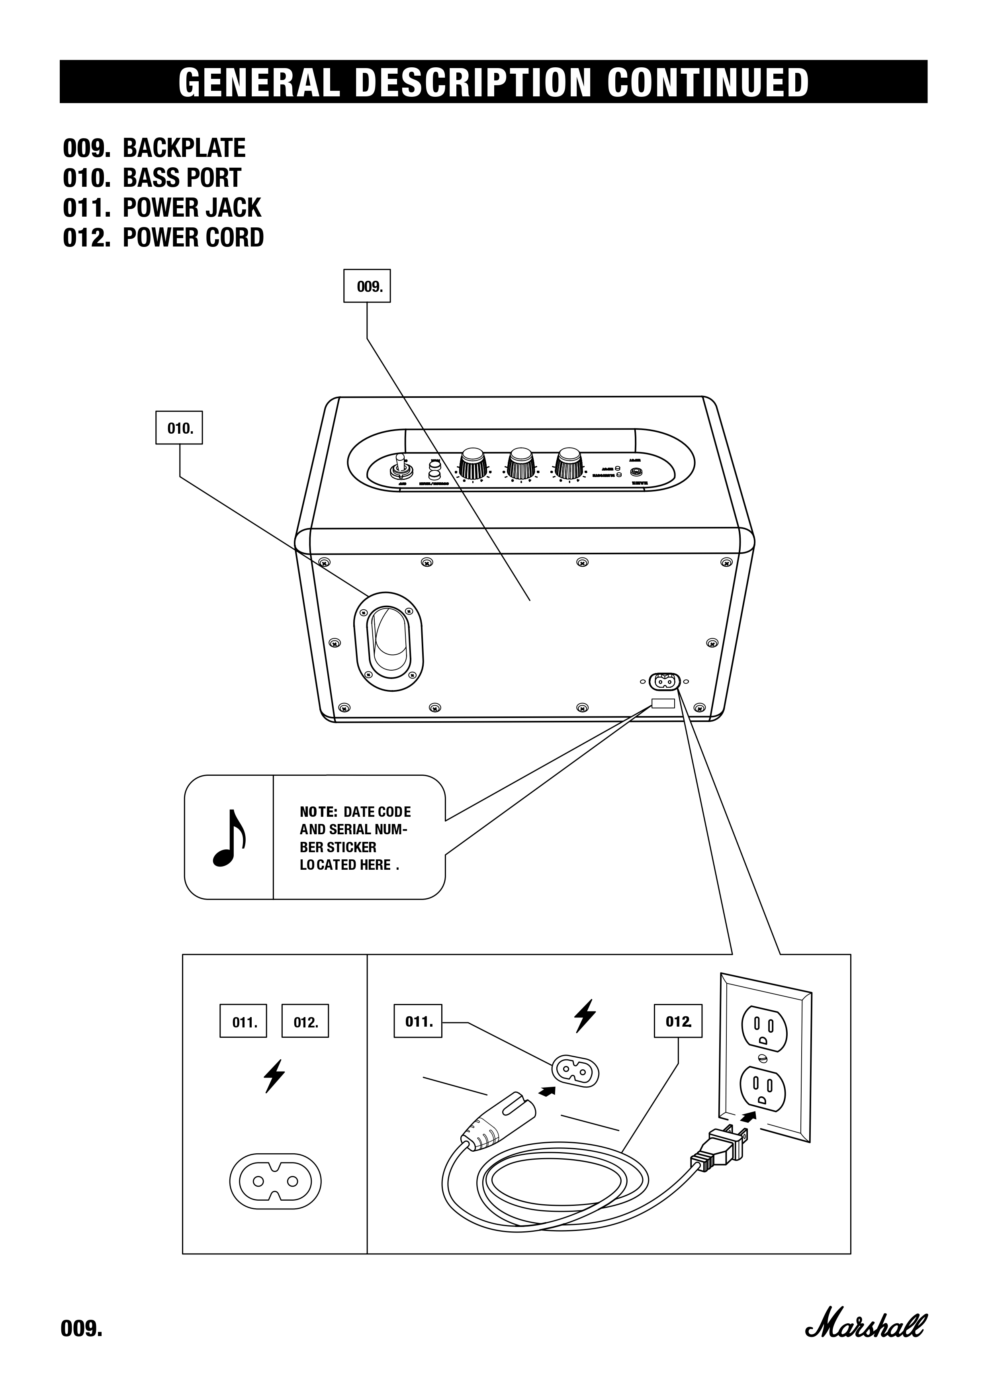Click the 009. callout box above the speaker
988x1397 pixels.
(x=366, y=286)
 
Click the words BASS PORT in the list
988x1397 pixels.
(x=182, y=178)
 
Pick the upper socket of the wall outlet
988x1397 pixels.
(x=763, y=1029)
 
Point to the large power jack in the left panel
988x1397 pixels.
(x=275, y=1181)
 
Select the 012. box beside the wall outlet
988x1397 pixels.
(x=678, y=1021)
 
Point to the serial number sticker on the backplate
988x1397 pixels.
(x=663, y=703)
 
